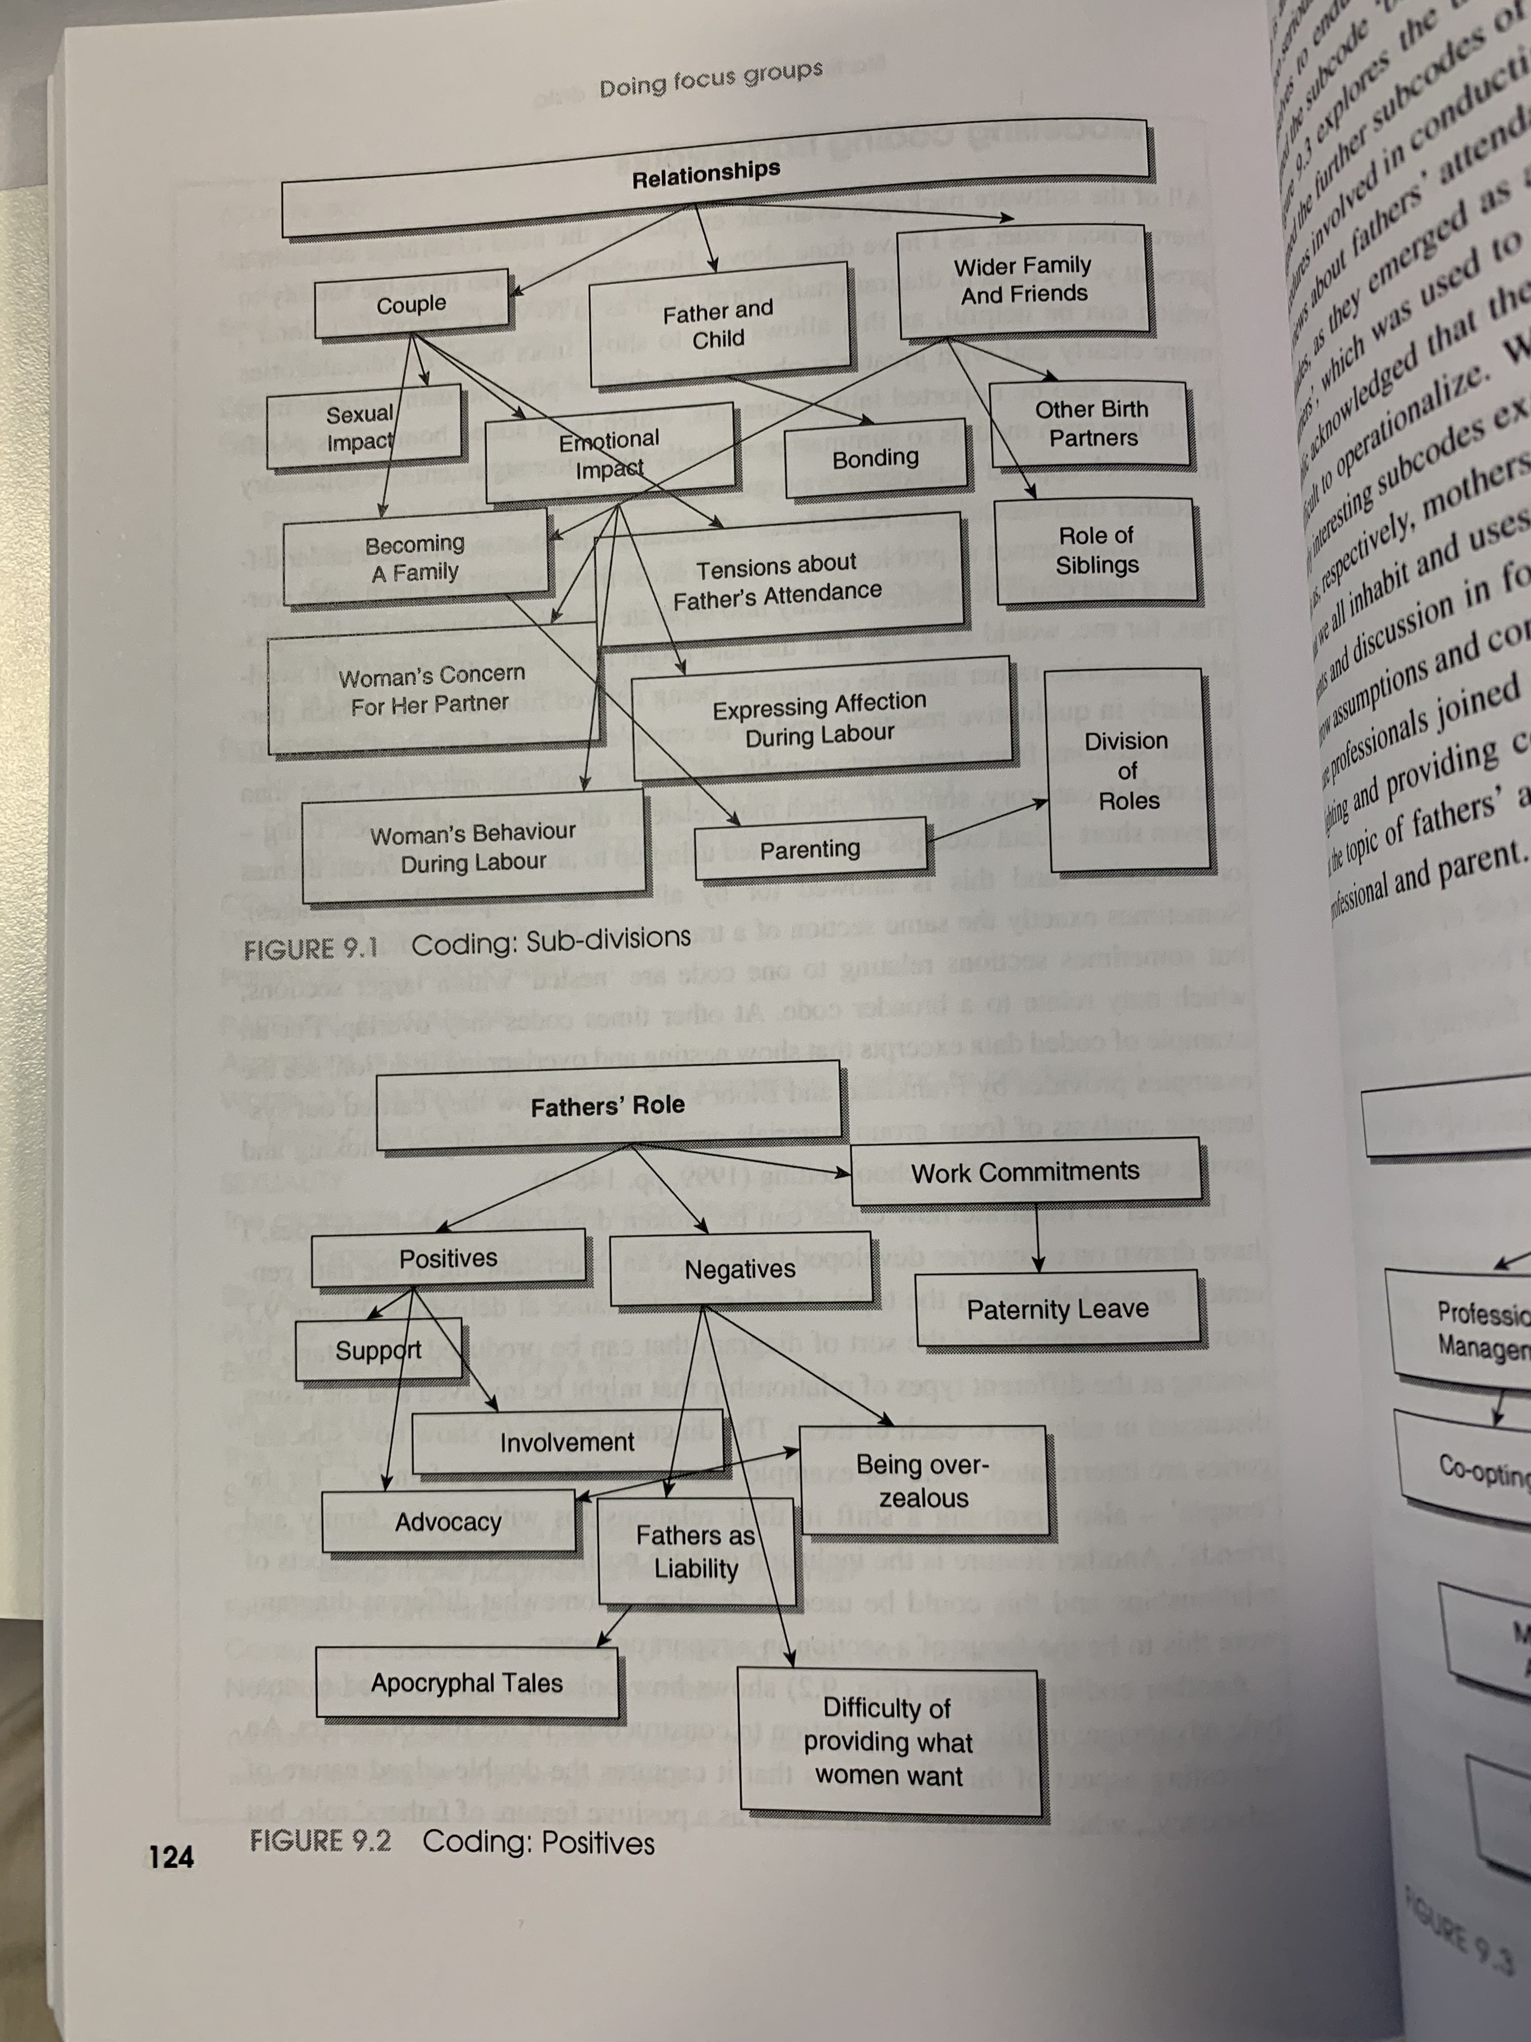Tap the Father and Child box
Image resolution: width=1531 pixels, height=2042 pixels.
pos(718,325)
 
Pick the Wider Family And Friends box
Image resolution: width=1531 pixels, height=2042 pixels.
pos(1023,280)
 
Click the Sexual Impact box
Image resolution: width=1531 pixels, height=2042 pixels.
pos(362,428)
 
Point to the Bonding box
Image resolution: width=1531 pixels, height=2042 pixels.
pos(875,458)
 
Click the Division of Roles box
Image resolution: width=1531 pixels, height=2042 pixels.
pos(1127,771)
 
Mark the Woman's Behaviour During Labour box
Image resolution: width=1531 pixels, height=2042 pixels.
pos(472,847)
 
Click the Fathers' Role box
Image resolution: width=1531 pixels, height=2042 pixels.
pos(607,1106)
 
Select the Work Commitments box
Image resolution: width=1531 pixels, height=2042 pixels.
pos(1024,1172)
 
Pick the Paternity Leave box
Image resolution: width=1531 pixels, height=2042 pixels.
pos(1058,1309)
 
